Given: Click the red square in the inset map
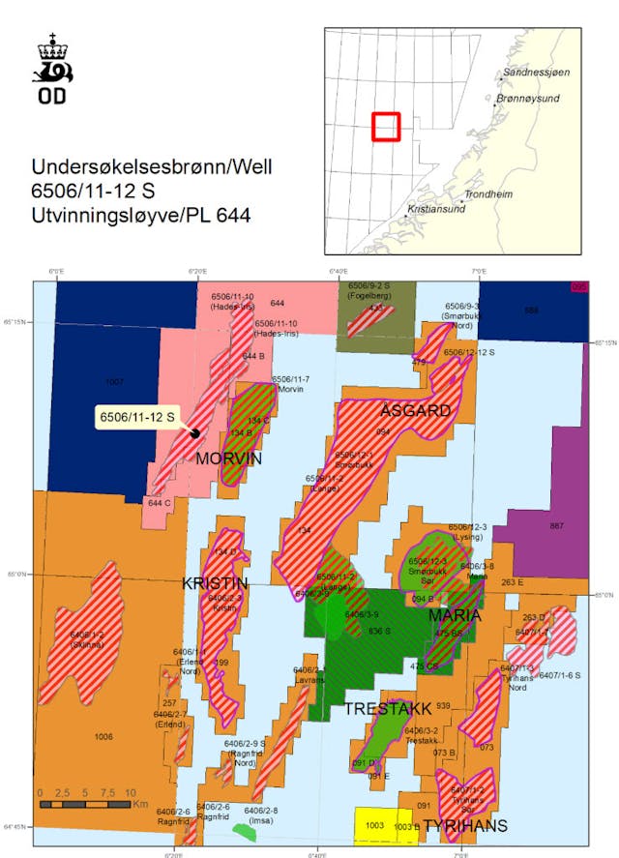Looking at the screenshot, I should (386, 127).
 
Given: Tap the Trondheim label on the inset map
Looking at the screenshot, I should (488, 194).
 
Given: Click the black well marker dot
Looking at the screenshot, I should (195, 432).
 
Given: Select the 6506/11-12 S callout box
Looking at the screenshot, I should (137, 417).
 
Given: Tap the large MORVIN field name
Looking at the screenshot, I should (228, 459).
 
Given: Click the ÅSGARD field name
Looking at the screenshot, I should (415, 410).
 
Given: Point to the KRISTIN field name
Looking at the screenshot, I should (215, 583).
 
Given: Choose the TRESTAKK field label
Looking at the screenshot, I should (388, 709).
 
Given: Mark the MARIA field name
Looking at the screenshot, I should (455, 615).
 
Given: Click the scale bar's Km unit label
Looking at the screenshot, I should (140, 804).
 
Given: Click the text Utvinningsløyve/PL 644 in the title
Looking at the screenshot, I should (141, 215).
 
